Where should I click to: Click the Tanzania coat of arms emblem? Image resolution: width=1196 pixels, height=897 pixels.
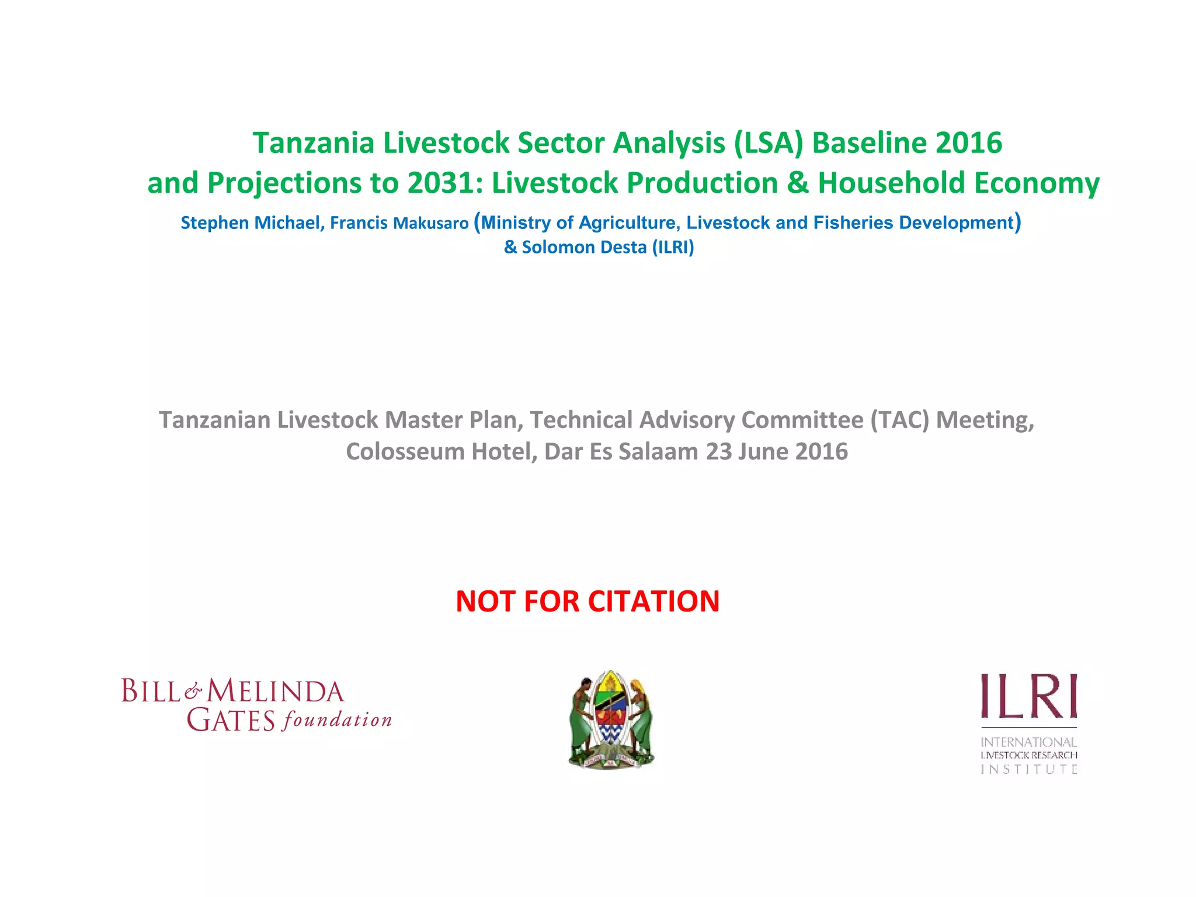611,719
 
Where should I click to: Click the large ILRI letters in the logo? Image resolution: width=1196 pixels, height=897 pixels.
1029,696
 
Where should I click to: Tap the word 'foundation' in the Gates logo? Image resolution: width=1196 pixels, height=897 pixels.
337,721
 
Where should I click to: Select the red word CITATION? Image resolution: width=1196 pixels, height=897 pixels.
653,602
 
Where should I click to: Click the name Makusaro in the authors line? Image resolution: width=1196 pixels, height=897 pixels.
431,223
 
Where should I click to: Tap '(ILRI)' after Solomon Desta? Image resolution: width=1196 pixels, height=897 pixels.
673,248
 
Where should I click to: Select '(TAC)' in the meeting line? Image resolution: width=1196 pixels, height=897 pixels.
899,420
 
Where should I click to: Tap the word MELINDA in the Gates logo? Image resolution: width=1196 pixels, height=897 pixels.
276,692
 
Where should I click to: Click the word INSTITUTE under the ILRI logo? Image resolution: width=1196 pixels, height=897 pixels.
1029,770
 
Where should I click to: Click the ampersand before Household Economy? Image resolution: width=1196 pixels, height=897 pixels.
798,183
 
